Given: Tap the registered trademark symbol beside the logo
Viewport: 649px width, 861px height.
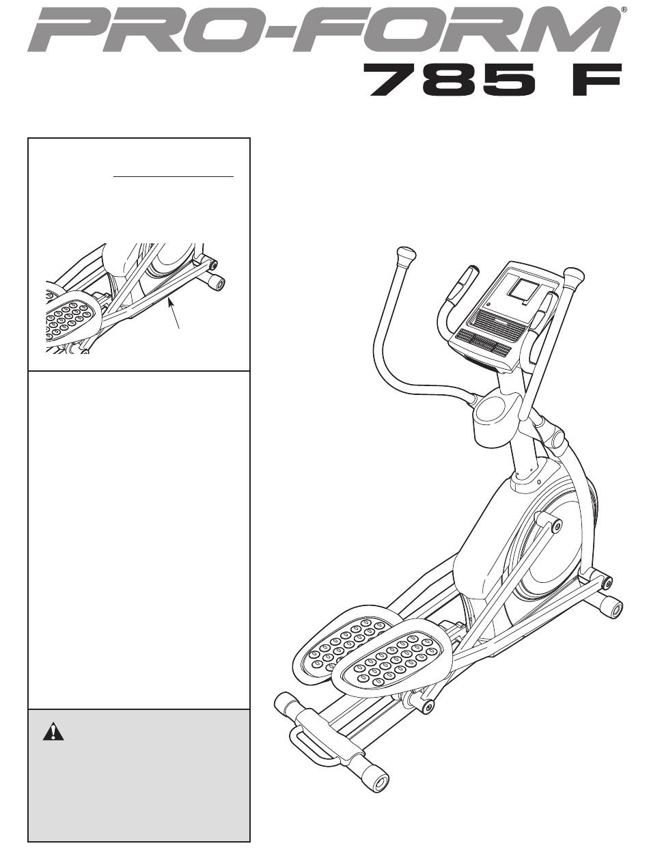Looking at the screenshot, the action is click(623, 10).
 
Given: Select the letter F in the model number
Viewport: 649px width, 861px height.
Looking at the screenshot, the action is click(596, 81).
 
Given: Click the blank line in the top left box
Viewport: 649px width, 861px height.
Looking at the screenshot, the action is click(174, 177).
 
